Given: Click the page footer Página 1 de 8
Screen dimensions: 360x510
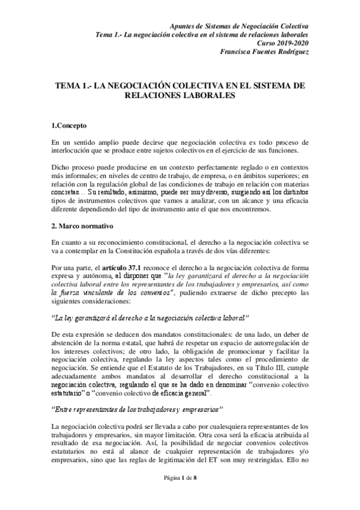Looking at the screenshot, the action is click(x=180, y=494).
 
